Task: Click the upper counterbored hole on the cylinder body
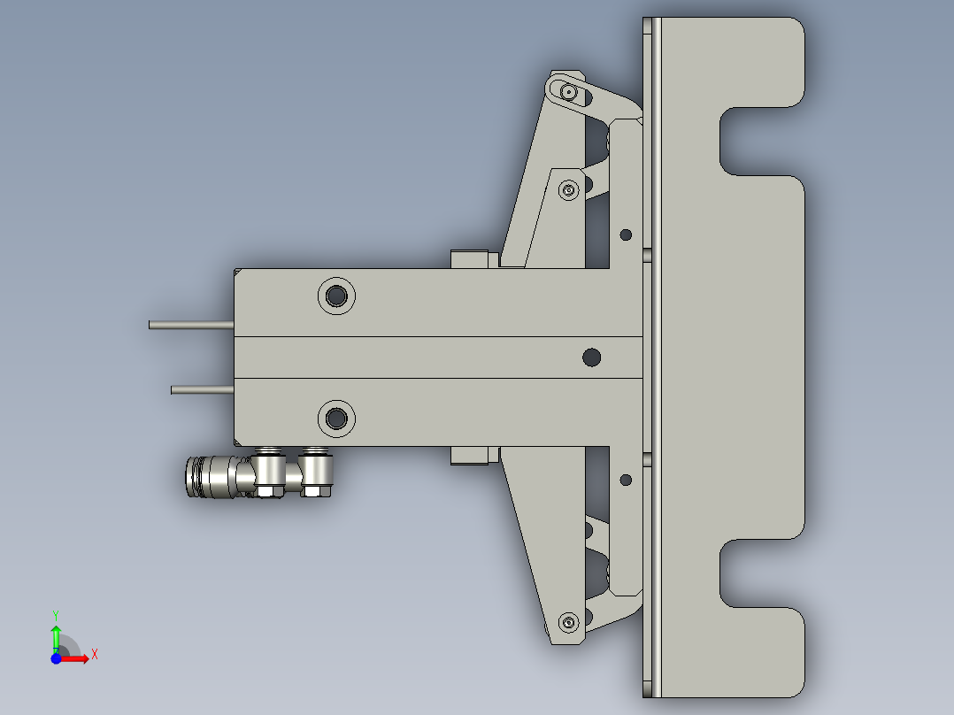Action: coord(336,295)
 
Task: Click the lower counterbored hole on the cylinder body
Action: coord(336,417)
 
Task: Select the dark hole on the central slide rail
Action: coord(591,357)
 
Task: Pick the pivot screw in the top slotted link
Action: coord(567,91)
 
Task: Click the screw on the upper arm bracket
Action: coord(567,189)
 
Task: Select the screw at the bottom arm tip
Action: coord(567,620)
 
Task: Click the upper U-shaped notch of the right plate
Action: coord(757,141)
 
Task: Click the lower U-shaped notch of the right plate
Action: coord(757,573)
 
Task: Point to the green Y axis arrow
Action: coord(56,632)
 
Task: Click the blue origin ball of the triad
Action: coord(56,658)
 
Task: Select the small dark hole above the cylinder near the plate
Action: coord(626,234)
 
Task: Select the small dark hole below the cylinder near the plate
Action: coord(626,480)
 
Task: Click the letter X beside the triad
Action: coord(95,654)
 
